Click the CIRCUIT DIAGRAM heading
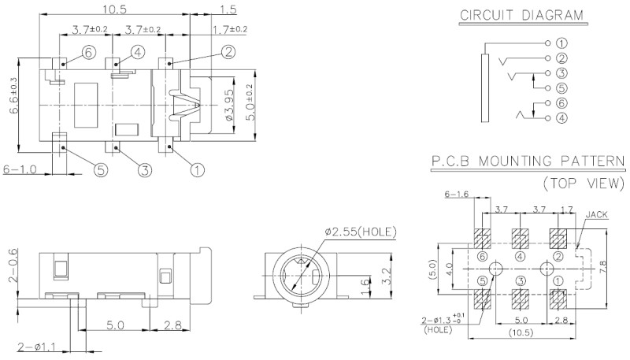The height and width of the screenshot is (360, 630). click(521, 15)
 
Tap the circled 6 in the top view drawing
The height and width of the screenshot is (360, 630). click(87, 51)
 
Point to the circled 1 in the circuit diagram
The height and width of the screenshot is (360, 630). click(561, 43)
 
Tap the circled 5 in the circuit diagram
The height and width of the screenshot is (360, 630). click(561, 88)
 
